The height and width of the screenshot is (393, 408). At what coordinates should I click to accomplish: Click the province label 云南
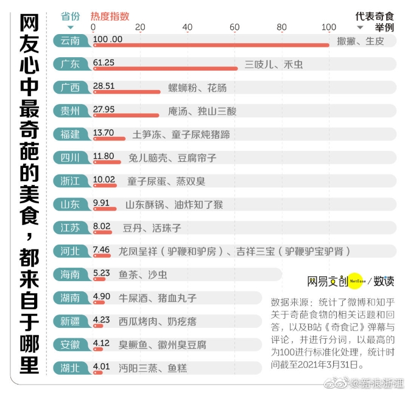click(x=71, y=40)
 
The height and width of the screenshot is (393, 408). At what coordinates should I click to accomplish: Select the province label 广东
click(x=71, y=64)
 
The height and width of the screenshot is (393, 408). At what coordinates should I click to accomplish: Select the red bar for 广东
click(x=164, y=69)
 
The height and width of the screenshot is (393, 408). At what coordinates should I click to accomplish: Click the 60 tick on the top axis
click(x=234, y=27)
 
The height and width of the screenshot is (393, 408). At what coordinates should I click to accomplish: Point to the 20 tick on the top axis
click(x=140, y=27)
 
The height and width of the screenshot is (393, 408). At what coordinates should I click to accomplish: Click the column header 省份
click(x=71, y=16)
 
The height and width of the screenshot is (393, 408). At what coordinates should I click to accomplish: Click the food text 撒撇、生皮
click(x=361, y=41)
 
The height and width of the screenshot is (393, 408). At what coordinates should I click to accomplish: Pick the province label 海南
click(x=71, y=274)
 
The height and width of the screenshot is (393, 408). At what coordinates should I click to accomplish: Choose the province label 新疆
click(x=71, y=321)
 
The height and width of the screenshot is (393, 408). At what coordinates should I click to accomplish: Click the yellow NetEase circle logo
click(x=357, y=281)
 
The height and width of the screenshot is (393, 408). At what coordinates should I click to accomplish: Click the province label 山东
click(x=71, y=204)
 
